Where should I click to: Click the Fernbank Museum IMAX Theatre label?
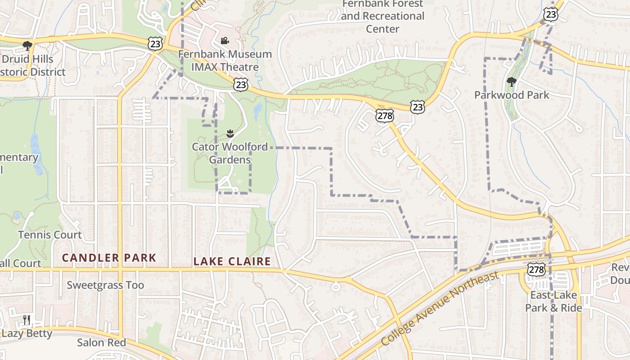225,61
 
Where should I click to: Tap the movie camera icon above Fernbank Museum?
225,41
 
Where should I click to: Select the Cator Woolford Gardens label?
229,153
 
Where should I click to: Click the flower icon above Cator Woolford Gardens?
230,133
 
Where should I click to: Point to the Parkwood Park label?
512,95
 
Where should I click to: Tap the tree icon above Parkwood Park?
511,81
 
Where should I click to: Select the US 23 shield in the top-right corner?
551,14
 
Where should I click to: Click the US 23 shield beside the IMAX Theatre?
241,84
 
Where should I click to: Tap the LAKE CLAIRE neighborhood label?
232,261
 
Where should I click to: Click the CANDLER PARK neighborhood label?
109,258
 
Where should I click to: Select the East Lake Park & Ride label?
553,301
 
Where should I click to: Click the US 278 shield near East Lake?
536,270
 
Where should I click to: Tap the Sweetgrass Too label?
105,285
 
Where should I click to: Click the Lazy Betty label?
27,333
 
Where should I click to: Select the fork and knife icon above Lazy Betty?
27,320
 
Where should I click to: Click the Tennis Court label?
50,234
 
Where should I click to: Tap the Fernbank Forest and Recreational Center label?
382,16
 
